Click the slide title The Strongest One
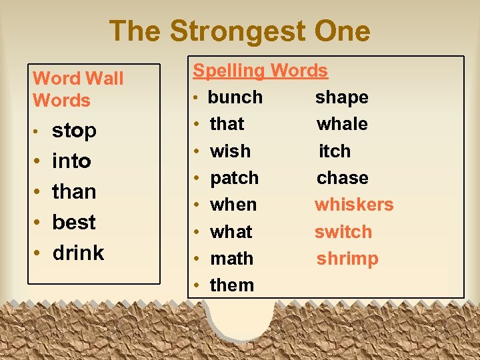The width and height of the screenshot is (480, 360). [x=239, y=31]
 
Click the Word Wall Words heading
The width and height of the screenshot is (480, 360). [x=78, y=89]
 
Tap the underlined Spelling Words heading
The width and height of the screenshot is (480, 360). [x=260, y=70]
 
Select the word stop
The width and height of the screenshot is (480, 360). [x=74, y=131]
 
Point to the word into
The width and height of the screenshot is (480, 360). [x=71, y=161]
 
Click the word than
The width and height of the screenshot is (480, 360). [x=74, y=191]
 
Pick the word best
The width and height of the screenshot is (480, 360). [x=74, y=222]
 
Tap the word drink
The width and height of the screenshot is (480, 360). [x=78, y=253]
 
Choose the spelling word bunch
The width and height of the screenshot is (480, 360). [x=235, y=97]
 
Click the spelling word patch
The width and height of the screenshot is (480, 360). [x=234, y=178]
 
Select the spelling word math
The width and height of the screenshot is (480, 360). [x=231, y=258]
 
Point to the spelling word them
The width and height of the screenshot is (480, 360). [x=232, y=285]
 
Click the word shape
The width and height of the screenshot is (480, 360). [x=341, y=97]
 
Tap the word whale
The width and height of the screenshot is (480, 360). [x=342, y=124]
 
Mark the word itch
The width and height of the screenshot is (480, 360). [x=334, y=151]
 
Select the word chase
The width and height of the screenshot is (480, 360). [x=342, y=178]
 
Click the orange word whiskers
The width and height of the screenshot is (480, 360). [x=354, y=205]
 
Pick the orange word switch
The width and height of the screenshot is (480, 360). [x=343, y=232]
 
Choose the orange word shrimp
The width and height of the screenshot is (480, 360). [x=347, y=259]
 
